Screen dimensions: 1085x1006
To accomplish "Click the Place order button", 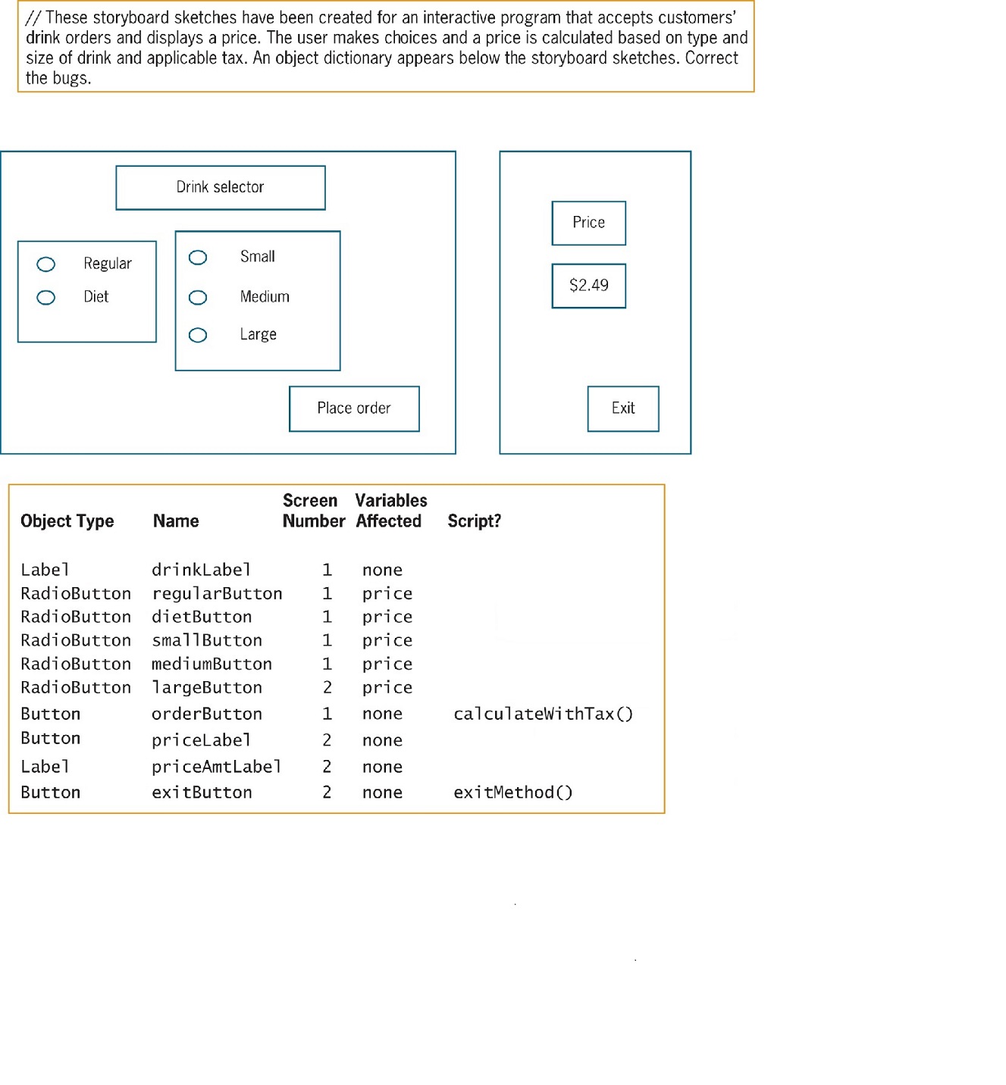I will pos(354,408).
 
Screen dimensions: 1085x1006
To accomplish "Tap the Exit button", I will pos(623,408).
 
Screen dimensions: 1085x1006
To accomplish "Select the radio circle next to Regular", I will pos(46,264).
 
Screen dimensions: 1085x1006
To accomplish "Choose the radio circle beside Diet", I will pos(46,298).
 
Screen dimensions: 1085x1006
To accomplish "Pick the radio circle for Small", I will pos(198,258).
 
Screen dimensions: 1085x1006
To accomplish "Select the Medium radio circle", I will pos(198,298).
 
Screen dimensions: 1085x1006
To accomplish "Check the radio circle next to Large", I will pos(198,336).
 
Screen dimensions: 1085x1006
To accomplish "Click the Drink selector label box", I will pos(221,187).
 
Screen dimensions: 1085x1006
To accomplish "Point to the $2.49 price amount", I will pos(589,286).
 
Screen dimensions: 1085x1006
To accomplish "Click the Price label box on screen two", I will pos(589,223).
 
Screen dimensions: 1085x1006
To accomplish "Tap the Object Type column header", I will pos(67,521).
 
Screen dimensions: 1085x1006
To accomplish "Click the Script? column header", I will pos(474,521).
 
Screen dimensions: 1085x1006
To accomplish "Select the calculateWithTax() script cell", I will pos(543,714).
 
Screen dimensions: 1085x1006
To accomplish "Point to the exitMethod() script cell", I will pos(512,793).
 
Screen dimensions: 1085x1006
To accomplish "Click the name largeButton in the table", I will pos(207,688).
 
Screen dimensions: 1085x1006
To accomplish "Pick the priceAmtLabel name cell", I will pos(216,767).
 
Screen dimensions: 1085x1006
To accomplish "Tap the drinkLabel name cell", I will pos(201,570).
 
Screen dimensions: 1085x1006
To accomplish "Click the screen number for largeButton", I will pos(327,688).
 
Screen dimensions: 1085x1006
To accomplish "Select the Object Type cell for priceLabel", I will pos(50,739).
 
